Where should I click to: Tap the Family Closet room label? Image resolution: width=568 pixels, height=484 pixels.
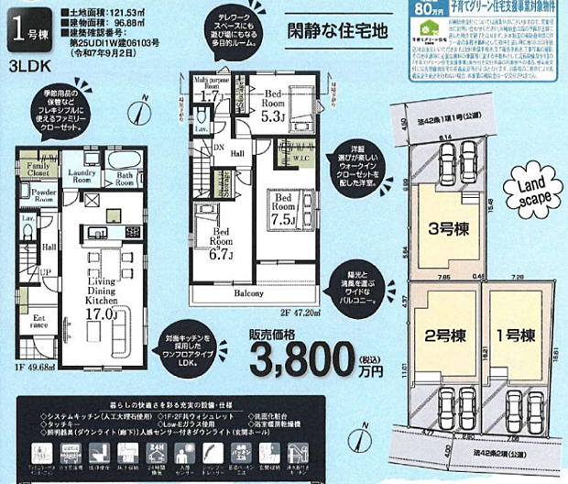pos(38,168)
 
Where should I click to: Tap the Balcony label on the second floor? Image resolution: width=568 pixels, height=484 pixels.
pos(247,294)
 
